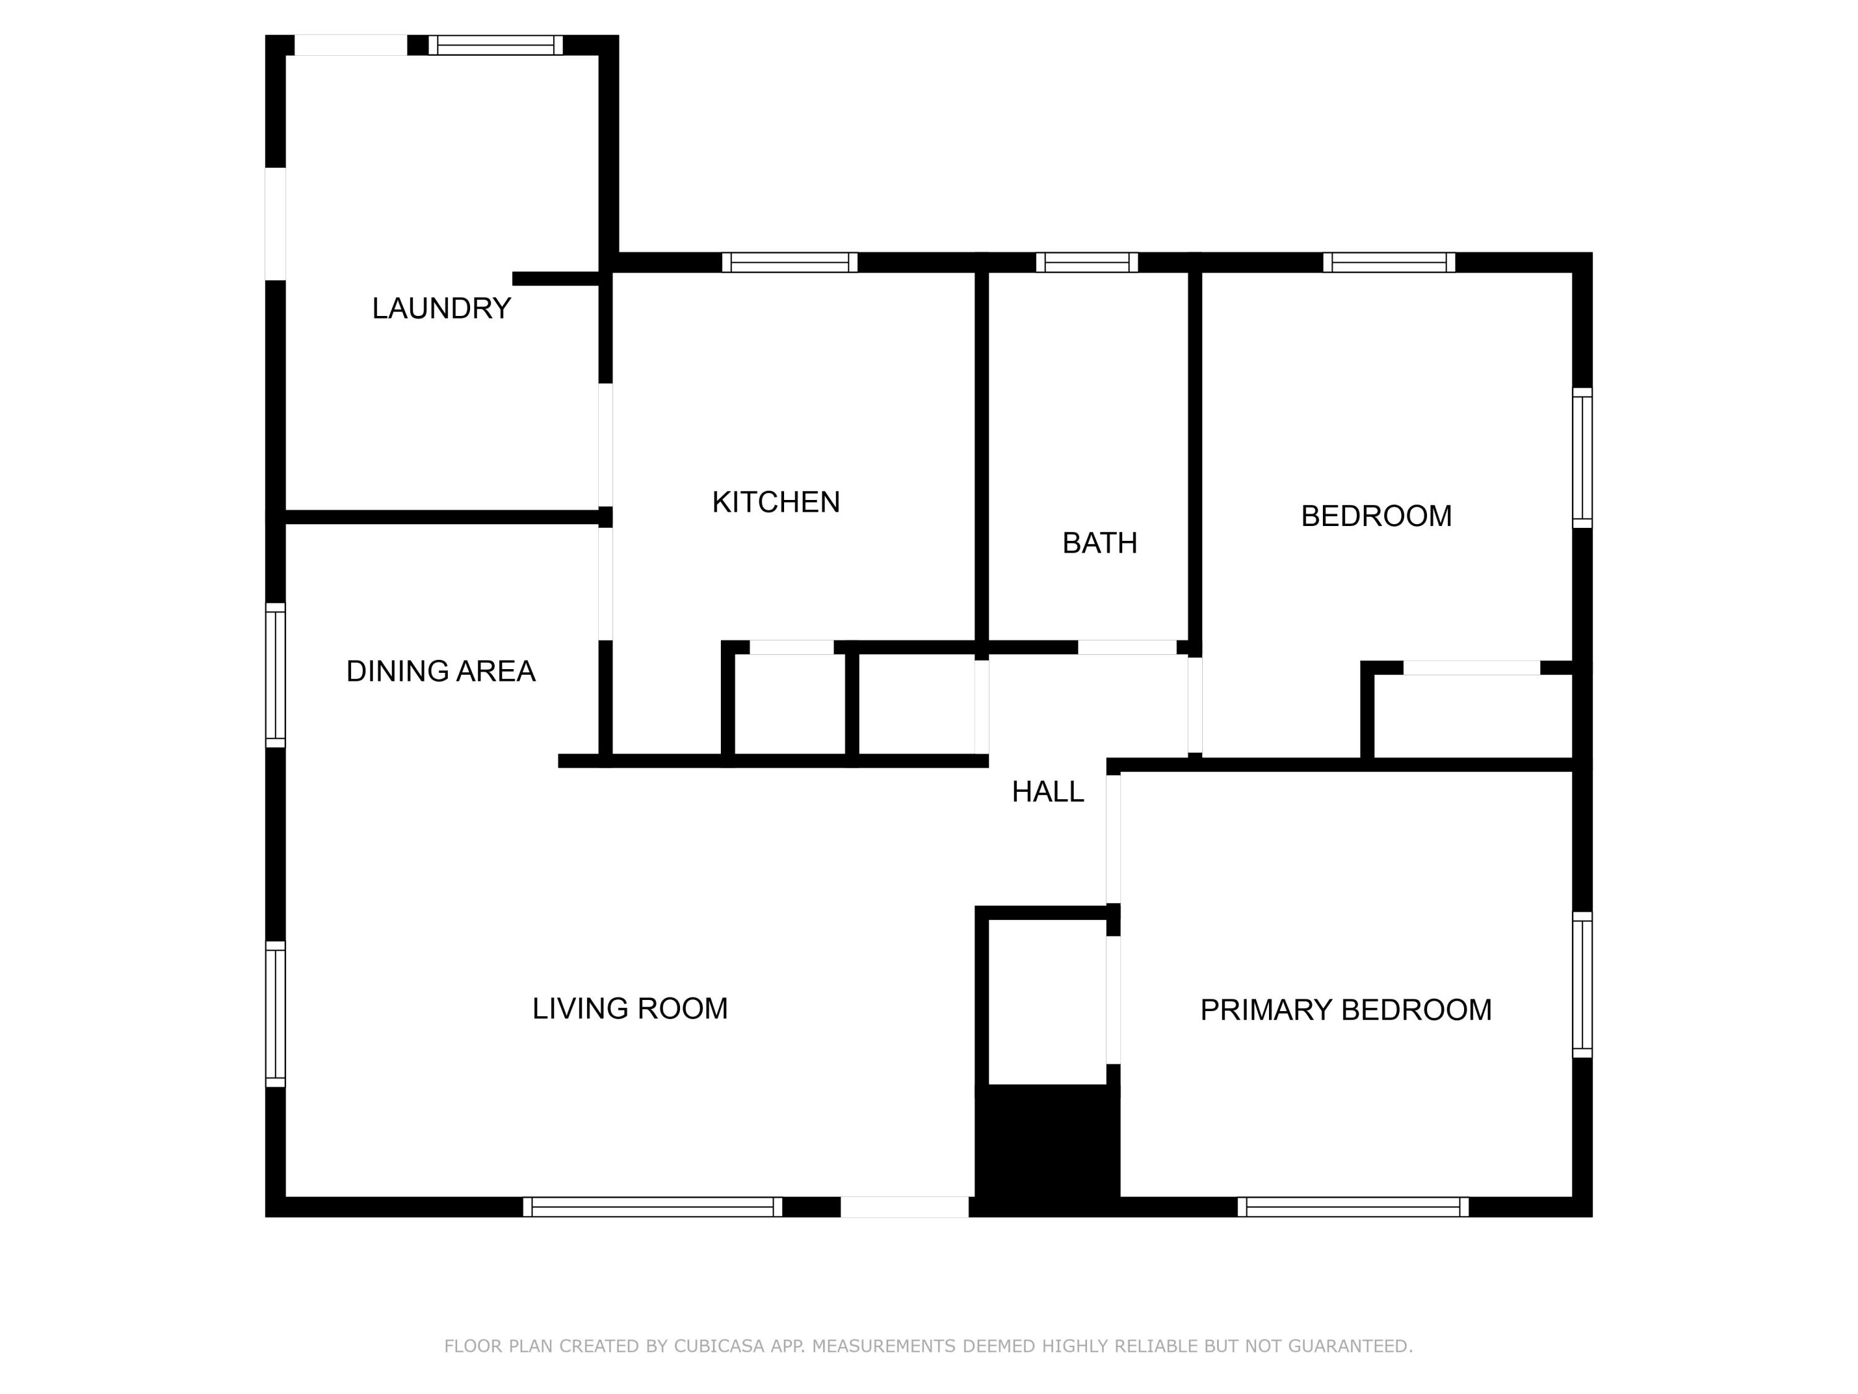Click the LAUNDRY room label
coord(441,309)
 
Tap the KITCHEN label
coord(775,502)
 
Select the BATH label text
coord(1099,543)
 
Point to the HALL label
coord(1047,792)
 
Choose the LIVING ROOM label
coord(630,1008)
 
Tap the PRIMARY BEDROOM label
coord(1346,1009)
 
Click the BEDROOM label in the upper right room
coord(1376,516)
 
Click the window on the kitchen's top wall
coord(790,262)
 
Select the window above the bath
coord(1087,262)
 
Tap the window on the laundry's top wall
coord(495,45)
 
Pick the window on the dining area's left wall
coord(276,675)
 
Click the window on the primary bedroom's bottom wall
coord(1353,1207)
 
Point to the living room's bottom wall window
coord(653,1207)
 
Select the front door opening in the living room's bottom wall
coord(905,1207)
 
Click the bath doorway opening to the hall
coord(1127,647)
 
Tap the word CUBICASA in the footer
coord(719,1346)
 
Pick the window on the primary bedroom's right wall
coord(1582,985)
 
